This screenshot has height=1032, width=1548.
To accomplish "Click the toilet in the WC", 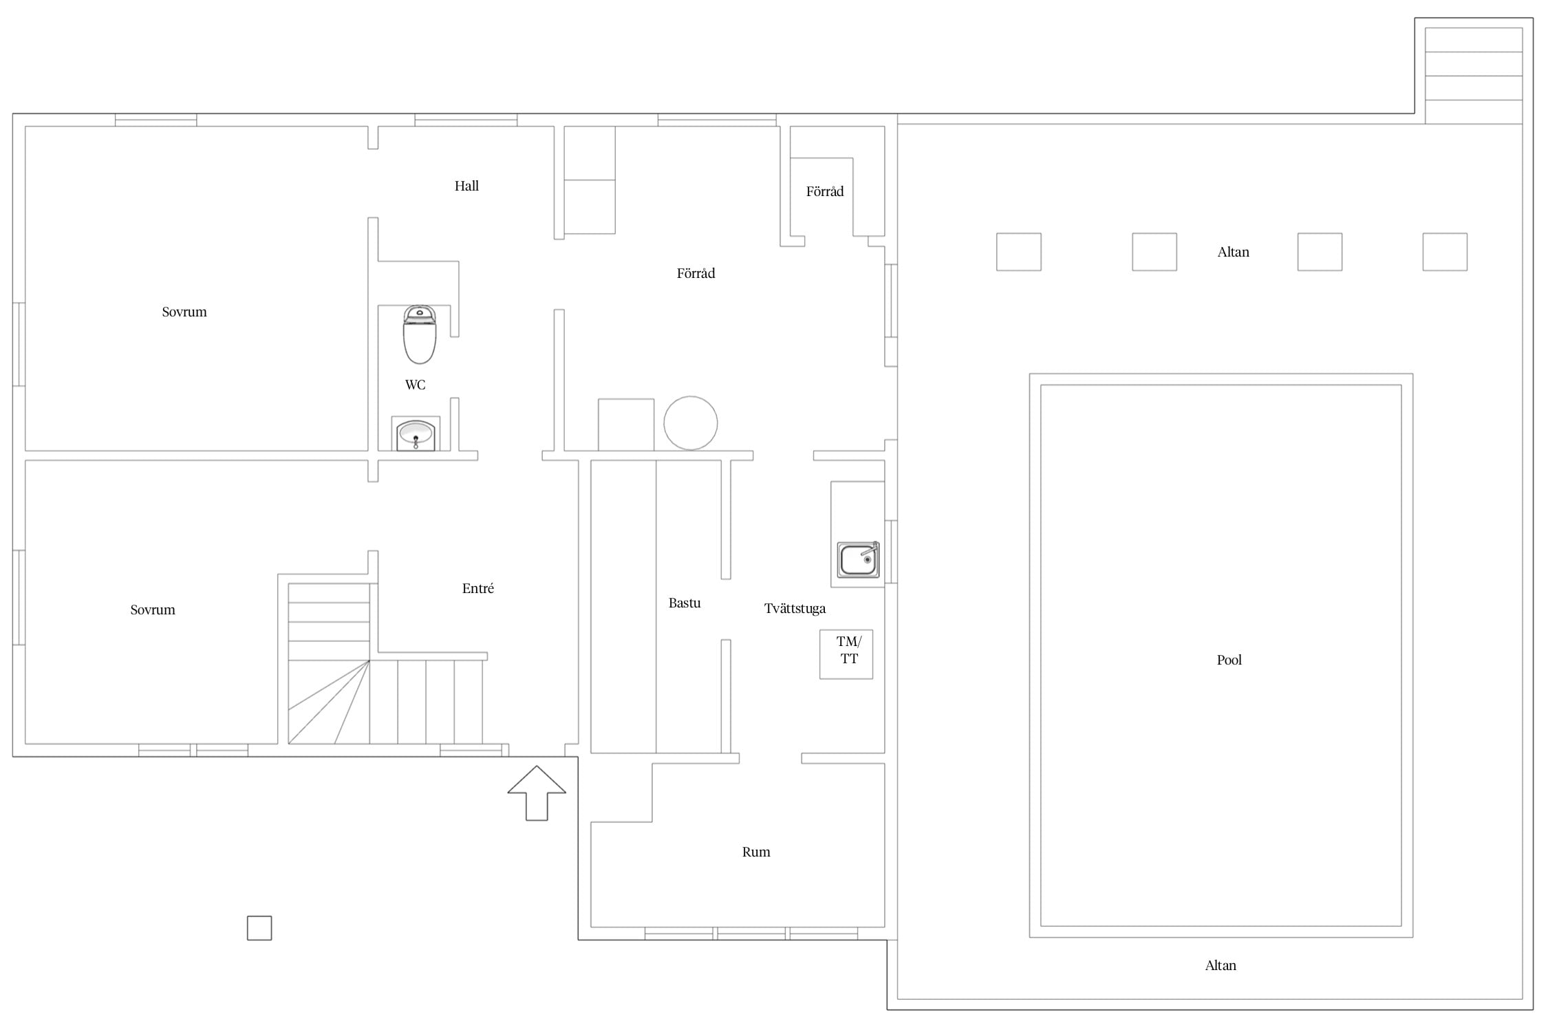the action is click(420, 334).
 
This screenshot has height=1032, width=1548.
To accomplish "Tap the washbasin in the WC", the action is click(416, 435).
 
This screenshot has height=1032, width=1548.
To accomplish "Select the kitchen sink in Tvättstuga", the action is click(858, 559).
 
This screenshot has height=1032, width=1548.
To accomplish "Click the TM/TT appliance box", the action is click(846, 654).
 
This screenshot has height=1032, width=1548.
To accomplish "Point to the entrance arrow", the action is click(537, 793).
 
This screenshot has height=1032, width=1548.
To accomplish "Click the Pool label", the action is click(1229, 660).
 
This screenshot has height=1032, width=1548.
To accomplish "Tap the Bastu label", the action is click(685, 603).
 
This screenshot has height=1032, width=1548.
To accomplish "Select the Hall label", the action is click(466, 186).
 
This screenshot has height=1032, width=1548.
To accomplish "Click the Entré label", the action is click(478, 588).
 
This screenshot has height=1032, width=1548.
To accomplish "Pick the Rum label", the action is click(756, 852).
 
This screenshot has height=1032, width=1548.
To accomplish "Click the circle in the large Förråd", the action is click(691, 423).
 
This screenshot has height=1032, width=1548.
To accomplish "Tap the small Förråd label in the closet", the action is click(825, 191).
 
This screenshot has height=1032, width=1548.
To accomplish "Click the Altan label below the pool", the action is click(1221, 965).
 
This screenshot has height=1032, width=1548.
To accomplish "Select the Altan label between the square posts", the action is click(1233, 252).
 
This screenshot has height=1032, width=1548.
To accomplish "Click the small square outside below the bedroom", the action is click(259, 928).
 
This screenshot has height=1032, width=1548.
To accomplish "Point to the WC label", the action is click(416, 385).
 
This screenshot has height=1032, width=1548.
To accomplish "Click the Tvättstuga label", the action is click(795, 608).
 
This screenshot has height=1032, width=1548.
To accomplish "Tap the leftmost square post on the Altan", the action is click(1019, 252).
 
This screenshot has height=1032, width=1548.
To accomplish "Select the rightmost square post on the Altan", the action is click(1445, 252).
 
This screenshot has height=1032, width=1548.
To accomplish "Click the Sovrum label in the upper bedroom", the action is click(184, 312).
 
